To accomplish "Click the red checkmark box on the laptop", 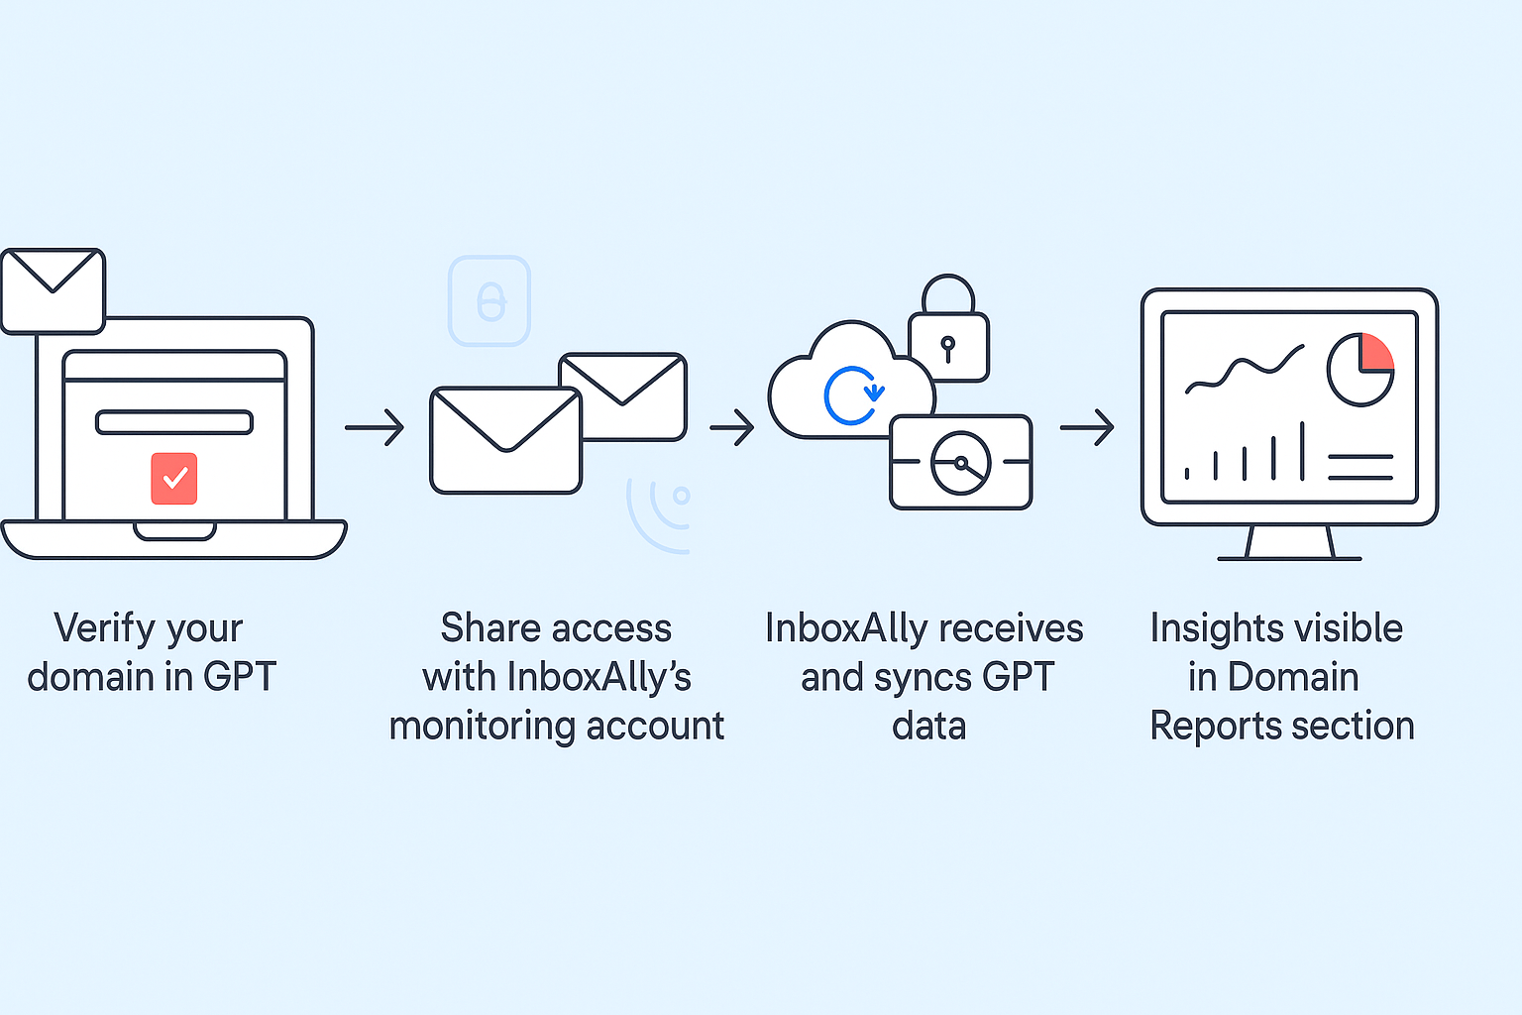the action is [174, 479].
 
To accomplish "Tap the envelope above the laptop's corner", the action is [53, 289].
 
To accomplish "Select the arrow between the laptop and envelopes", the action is [375, 427].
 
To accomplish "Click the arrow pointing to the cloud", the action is [732, 427].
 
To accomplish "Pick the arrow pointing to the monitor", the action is [1087, 427].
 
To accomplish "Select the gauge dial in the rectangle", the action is [960, 463].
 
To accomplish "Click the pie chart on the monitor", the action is [1360, 369].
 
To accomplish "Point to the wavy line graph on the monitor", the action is [1245, 370].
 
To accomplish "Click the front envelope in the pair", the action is [505, 440].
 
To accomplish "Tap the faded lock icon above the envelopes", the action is [489, 300].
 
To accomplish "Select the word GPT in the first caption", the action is [240, 677].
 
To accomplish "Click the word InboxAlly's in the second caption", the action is [599, 677].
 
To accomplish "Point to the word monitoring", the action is [483, 726].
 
